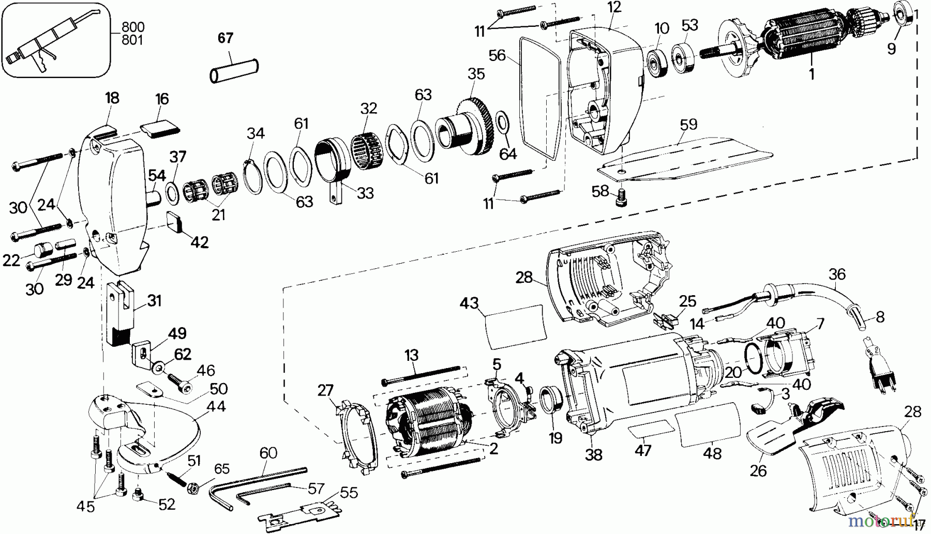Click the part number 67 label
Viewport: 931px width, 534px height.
tap(226, 38)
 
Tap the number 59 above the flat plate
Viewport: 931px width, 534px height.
tap(688, 125)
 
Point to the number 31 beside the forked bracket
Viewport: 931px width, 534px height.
tap(154, 300)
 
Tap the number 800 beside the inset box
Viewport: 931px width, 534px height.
tap(133, 27)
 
